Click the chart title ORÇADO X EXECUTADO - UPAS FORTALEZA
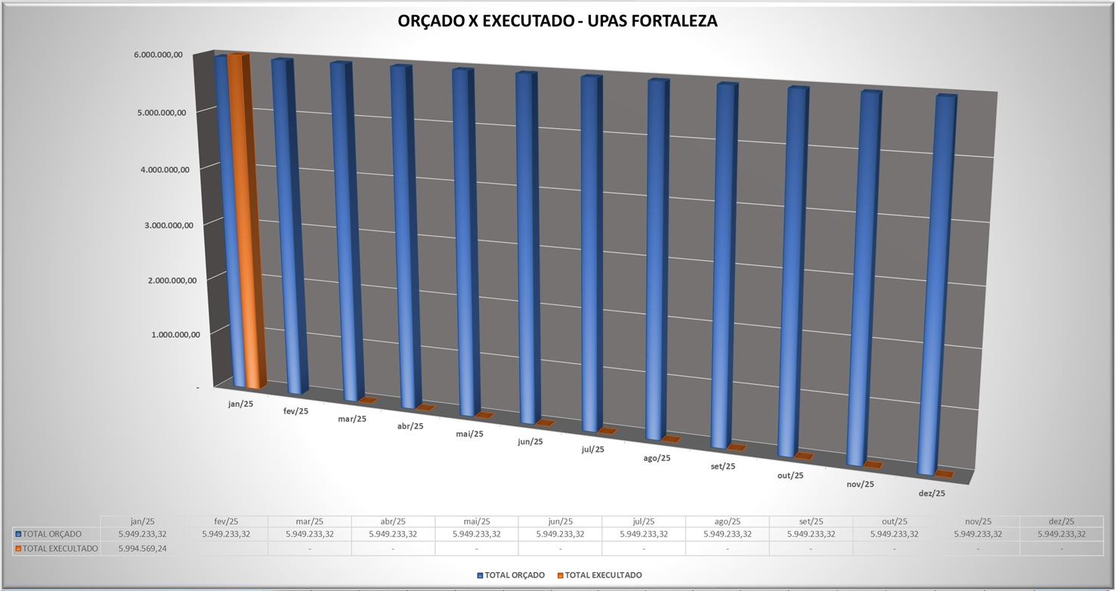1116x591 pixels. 558,21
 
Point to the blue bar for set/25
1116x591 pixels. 725,265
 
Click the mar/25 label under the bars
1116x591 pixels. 352,419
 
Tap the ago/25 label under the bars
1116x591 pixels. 657,458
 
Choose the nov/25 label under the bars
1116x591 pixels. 860,484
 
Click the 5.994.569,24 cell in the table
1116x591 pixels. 142,549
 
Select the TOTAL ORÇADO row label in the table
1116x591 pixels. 52,534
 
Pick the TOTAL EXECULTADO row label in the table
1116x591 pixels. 60,549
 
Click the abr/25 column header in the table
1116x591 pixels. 393,521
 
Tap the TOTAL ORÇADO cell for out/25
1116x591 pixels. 894,534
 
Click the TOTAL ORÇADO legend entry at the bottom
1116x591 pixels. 514,575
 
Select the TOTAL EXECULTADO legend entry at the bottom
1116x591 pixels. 603,575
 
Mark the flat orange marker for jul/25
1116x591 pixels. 607,431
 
